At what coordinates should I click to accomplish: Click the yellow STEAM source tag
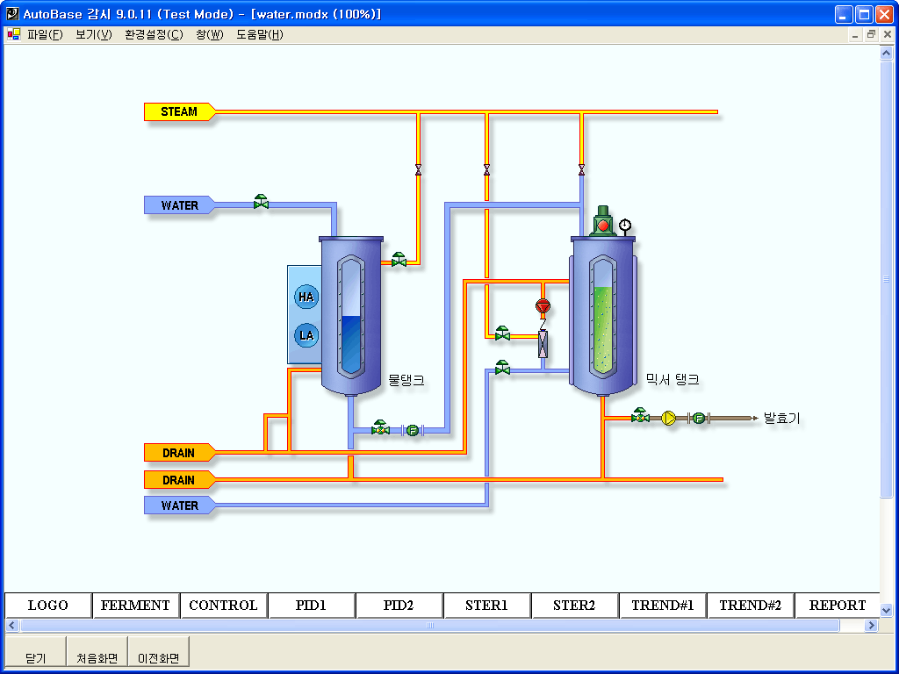click(179, 111)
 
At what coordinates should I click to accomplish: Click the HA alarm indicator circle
click(306, 297)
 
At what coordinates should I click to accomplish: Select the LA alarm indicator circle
click(306, 335)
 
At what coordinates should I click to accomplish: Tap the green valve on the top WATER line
click(261, 202)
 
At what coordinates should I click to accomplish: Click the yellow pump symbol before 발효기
click(668, 418)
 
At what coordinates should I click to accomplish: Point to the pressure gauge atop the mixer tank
click(625, 226)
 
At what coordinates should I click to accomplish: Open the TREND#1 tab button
click(663, 606)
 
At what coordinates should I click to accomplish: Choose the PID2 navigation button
click(399, 606)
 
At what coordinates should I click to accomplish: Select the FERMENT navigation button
click(135, 606)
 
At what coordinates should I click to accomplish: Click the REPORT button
click(837, 606)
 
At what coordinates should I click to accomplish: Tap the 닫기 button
click(35, 652)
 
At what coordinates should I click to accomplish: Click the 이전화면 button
click(159, 652)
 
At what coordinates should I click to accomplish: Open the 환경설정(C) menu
click(154, 35)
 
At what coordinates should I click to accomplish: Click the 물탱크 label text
click(406, 380)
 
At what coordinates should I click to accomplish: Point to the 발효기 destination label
click(781, 419)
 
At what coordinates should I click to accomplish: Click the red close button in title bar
click(885, 14)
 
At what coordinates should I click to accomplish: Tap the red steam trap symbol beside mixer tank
click(543, 306)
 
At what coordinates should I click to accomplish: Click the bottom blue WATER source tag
click(179, 505)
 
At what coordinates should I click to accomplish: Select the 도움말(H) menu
click(260, 35)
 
